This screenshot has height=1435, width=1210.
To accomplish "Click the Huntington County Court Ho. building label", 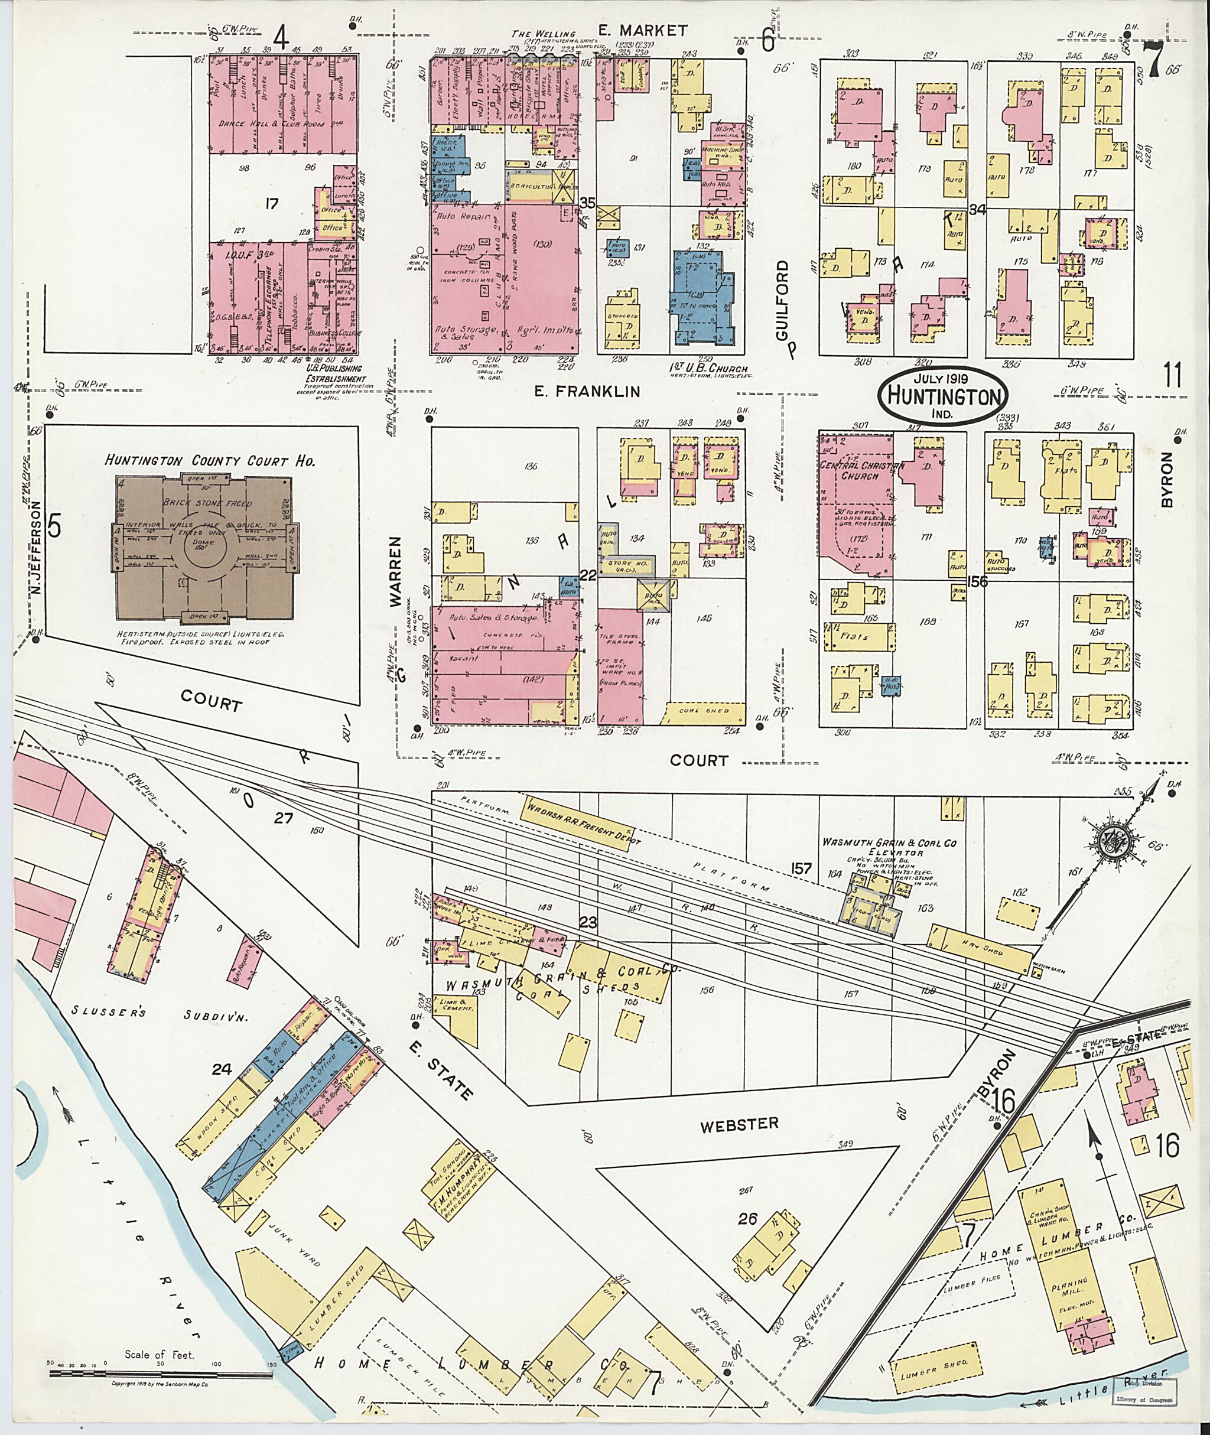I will tap(210, 460).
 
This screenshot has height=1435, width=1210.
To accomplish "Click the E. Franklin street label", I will tap(587, 392).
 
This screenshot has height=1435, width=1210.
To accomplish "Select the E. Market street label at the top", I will tap(642, 30).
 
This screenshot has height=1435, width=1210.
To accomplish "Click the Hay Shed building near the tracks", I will tap(981, 949).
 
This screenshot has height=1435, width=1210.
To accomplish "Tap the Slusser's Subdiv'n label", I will tap(124, 1014).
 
